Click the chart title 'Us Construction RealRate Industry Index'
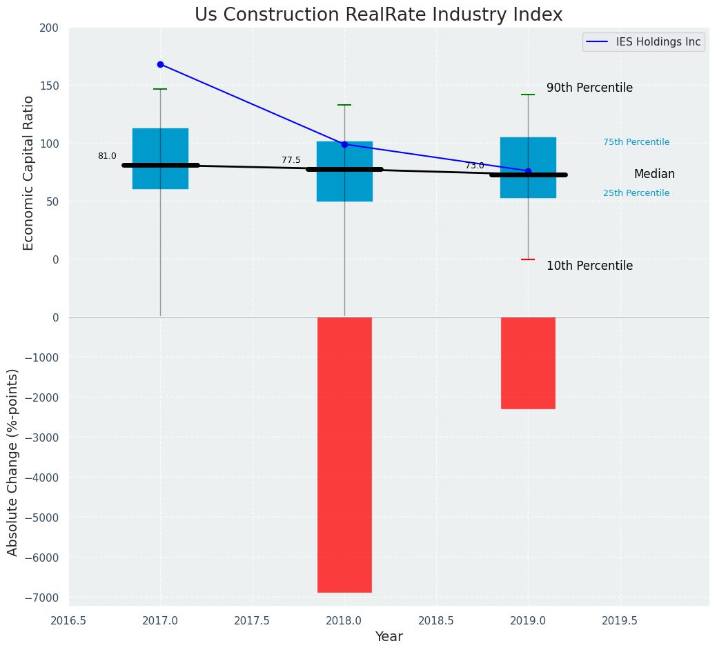click(x=378, y=15)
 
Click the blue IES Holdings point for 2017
click(x=160, y=64)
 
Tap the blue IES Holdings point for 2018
click(x=344, y=144)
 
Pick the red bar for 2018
click(x=344, y=454)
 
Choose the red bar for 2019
click(x=528, y=363)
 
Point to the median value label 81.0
click(x=107, y=156)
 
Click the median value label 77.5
click(x=291, y=160)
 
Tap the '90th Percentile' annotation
click(x=589, y=88)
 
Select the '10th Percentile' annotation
click(x=589, y=266)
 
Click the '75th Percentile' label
click(x=636, y=142)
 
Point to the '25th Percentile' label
click(x=636, y=193)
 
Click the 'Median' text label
click(x=654, y=175)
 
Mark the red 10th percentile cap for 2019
click(x=528, y=259)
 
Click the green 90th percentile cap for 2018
click(x=344, y=105)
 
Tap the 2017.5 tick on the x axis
click(x=252, y=620)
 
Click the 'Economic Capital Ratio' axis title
click(x=28, y=173)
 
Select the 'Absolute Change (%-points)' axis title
click(x=13, y=462)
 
